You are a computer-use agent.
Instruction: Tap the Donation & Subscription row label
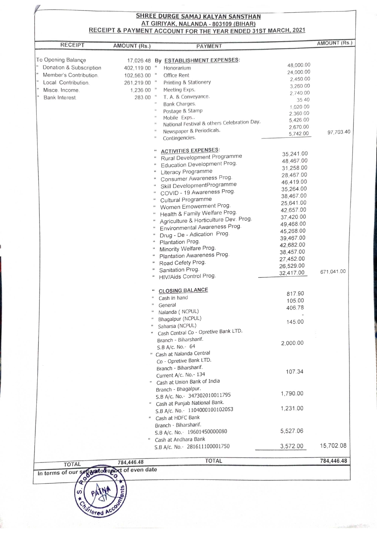coord(72,68)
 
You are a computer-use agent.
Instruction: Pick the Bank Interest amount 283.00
coord(143,97)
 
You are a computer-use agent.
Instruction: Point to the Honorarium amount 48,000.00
coord(299,65)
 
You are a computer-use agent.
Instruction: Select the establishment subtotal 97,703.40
coord(339,132)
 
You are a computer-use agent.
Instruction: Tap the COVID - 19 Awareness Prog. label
coord(198,192)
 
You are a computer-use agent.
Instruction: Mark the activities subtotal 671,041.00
coord(333,272)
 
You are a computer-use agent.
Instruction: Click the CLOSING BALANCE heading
coord(183,290)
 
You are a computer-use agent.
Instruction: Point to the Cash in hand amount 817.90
coord(295,294)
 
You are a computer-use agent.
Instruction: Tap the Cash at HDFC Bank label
coord(178,418)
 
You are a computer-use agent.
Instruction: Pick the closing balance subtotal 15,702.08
coord(333,446)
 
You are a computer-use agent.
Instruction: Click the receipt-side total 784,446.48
coord(130,462)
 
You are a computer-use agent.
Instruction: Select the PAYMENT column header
coord(209,46)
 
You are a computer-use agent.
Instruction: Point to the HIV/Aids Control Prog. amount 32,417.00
coord(292,273)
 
